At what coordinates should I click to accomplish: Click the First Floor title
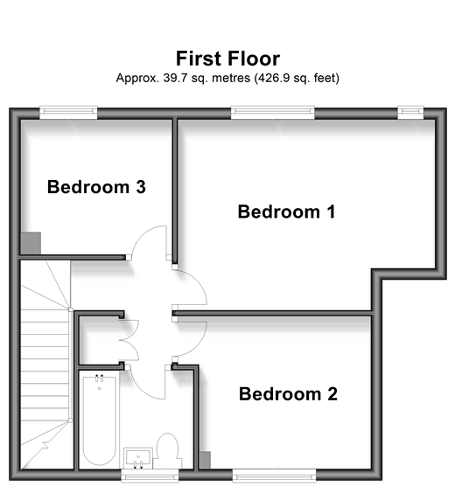click(227, 59)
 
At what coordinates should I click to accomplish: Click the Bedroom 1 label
click(286, 212)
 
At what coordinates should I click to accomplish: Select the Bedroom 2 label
click(288, 393)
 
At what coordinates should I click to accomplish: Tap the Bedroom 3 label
click(96, 187)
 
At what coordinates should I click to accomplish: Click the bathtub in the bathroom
click(100, 420)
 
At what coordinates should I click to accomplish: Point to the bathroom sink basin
click(138, 458)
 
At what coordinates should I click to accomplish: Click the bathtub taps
click(100, 378)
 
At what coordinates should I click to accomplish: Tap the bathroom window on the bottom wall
click(150, 475)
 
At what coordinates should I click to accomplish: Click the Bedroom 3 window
click(68, 113)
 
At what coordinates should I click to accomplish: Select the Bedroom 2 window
click(274, 475)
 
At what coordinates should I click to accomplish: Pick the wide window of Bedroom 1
click(273, 113)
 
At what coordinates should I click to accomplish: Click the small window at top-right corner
click(410, 113)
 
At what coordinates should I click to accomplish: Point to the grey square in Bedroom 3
click(31, 243)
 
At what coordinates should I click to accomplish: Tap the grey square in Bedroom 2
click(205, 461)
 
